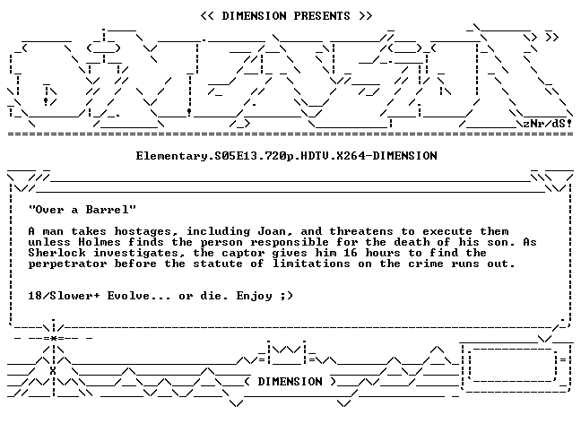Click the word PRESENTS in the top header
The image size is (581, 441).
coord(322,16)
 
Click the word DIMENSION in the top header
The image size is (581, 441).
coord(254,16)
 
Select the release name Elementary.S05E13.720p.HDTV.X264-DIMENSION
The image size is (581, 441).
coord(286,156)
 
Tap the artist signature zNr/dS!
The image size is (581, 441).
coord(547,124)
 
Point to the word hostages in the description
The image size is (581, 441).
coord(143,231)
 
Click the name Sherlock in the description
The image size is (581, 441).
coord(56,253)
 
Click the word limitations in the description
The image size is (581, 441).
coord(311,264)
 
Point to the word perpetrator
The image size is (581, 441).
coord(67,264)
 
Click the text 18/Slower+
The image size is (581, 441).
coord(64,296)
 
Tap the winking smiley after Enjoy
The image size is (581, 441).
coord(286,296)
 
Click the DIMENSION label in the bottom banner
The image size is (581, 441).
coord(290,382)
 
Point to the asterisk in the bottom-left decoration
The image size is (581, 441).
coord(54,339)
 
